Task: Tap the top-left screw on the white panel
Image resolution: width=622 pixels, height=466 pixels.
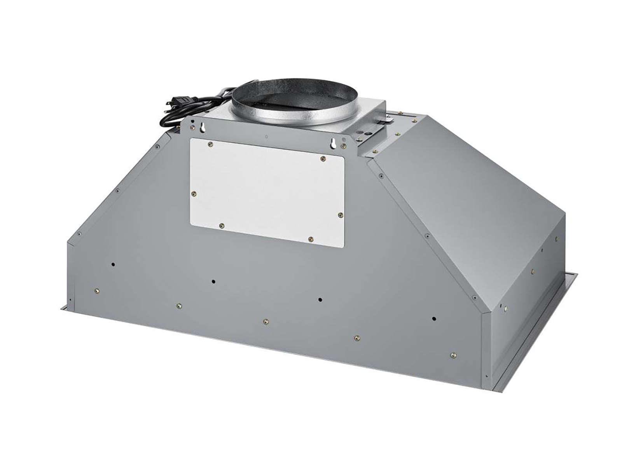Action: click(210, 144)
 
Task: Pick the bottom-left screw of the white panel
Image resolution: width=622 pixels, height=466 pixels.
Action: click(221, 225)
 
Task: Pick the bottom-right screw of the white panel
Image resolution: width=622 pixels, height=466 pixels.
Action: click(310, 239)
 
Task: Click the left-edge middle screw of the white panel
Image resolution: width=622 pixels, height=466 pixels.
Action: click(195, 193)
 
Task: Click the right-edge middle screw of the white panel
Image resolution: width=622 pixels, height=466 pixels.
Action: click(340, 215)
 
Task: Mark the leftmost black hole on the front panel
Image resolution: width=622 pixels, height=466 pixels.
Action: click(113, 264)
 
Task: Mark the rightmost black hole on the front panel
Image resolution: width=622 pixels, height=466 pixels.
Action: click(434, 319)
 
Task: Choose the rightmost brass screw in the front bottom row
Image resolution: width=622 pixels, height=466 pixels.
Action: click(453, 355)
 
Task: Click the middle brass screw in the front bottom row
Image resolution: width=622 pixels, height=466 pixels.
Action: click(266, 321)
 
